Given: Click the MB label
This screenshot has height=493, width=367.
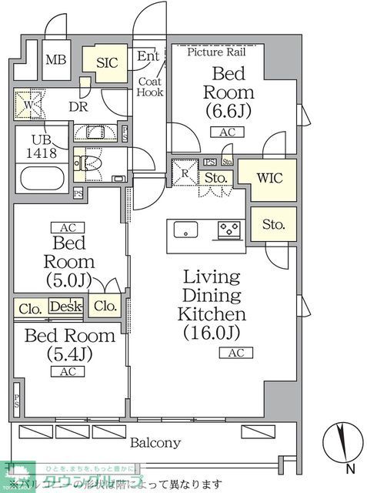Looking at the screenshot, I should tap(55, 61).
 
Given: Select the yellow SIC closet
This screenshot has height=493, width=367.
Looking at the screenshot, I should tap(108, 63).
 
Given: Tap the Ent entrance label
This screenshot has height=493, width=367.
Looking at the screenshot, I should tap(147, 56).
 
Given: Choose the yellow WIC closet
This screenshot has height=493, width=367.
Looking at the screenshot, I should tap(269, 178).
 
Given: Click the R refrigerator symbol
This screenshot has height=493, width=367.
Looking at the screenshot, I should tap(185, 173).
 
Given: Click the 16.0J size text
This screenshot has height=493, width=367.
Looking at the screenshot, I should tap(212, 333).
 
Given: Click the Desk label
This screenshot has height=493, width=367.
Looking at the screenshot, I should tap(65, 307).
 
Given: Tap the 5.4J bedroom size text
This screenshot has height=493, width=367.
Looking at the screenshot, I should tap(69, 354).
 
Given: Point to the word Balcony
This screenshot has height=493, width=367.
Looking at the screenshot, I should tap(155, 442).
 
